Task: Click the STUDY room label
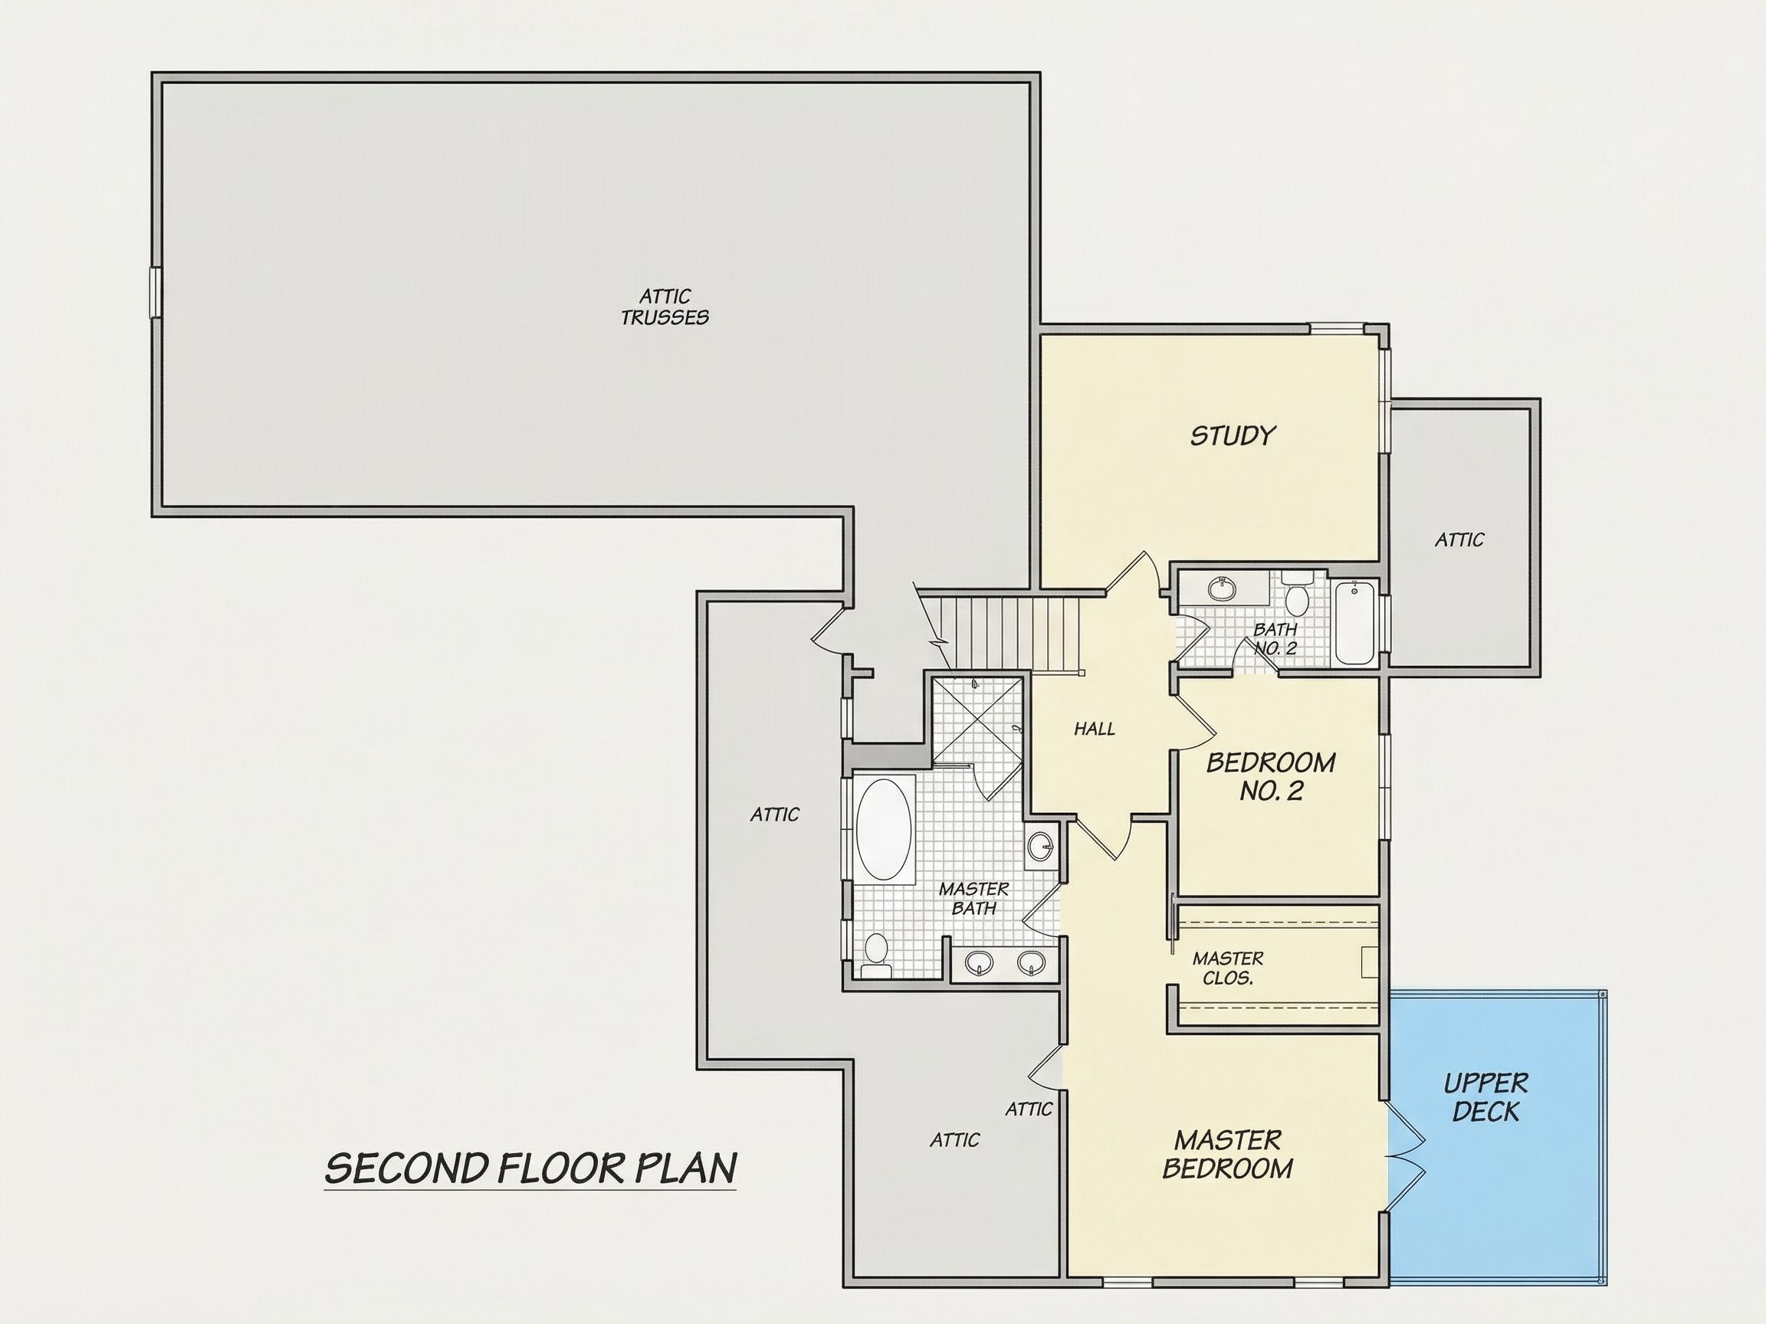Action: (x=1233, y=436)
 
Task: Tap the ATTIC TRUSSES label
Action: (x=665, y=307)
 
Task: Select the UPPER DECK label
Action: (x=1485, y=1096)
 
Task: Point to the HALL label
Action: (x=1094, y=728)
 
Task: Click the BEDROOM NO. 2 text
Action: (x=1270, y=775)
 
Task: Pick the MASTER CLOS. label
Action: (x=1228, y=968)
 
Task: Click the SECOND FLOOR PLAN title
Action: (x=530, y=1168)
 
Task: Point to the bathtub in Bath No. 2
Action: (x=1354, y=622)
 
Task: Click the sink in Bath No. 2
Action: (x=1221, y=588)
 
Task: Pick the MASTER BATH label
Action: (x=973, y=898)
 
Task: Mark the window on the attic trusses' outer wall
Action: (x=156, y=293)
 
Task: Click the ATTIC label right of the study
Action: (x=1459, y=540)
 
